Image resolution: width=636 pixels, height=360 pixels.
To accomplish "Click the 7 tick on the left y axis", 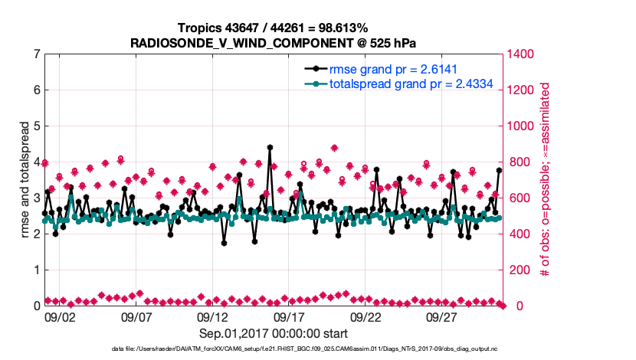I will coord(36,54).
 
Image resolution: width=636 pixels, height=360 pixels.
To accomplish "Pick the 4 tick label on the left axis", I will coord(36,162).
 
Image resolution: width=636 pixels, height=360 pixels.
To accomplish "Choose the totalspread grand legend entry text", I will coord(411,84).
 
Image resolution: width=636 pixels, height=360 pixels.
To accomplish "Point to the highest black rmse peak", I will coord(270,147).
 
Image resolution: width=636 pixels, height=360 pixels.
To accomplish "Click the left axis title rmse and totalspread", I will coord(24,180).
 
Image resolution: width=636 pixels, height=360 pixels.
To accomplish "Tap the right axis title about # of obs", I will coord(545,180).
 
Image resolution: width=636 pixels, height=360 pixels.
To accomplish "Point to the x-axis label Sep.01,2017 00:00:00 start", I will coord(274,333).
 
